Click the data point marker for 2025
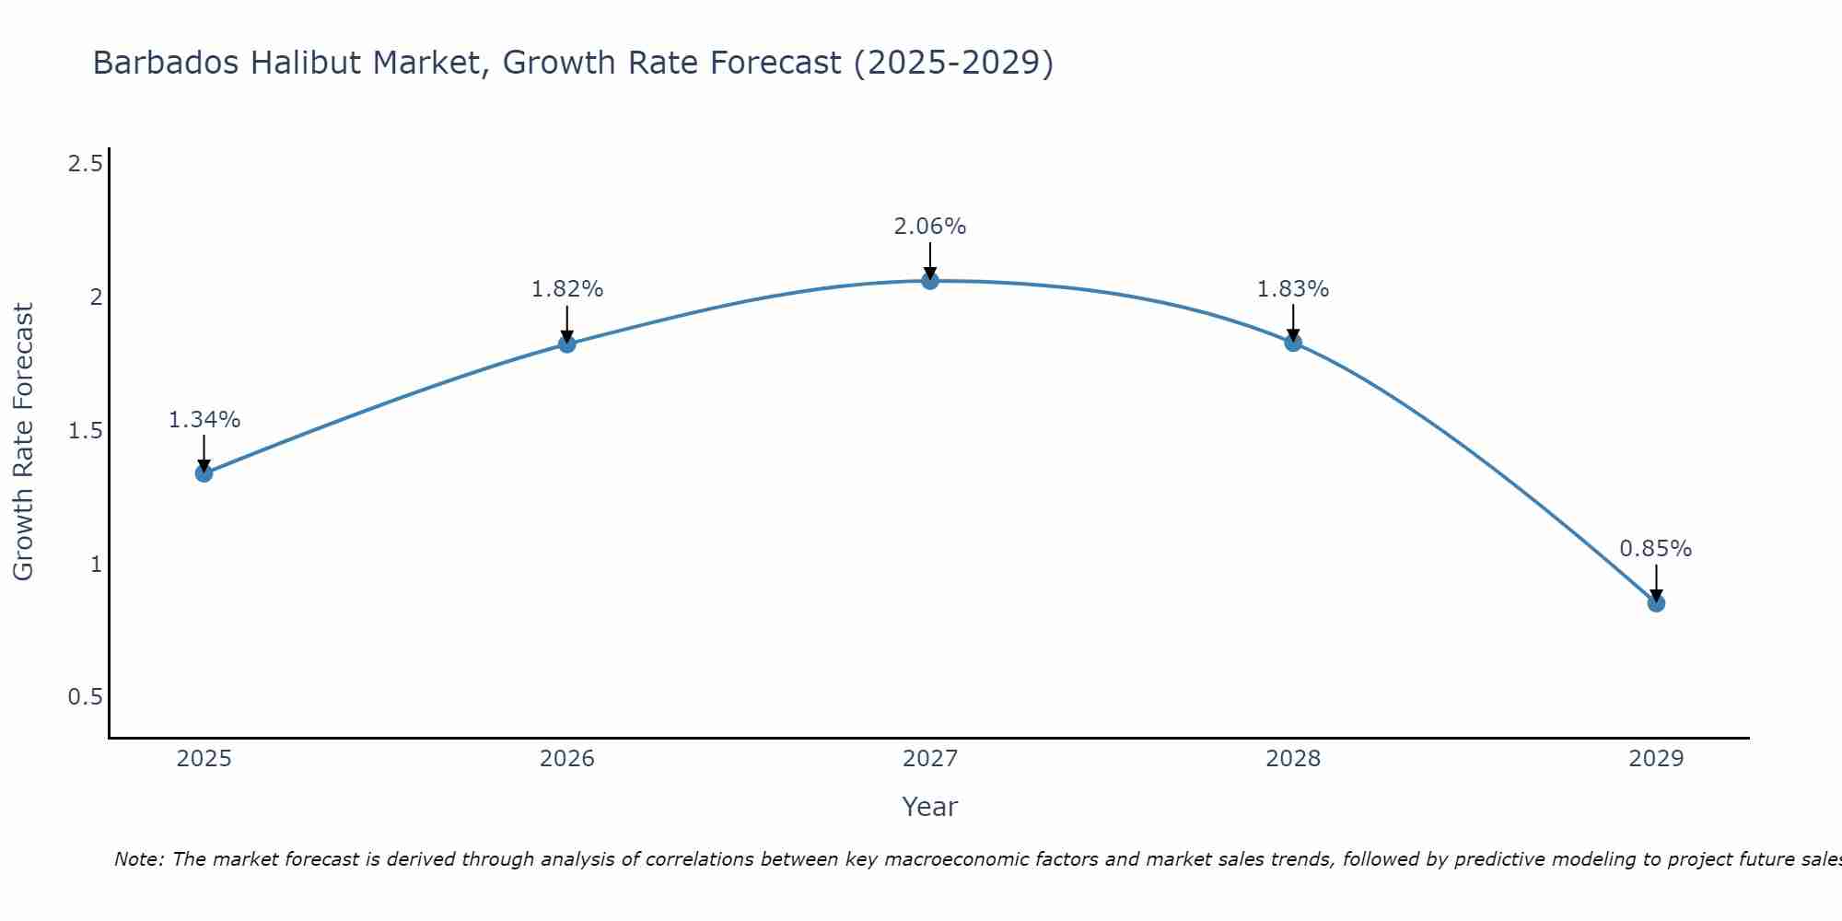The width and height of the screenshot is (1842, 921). coord(204,473)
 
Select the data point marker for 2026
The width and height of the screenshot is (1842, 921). coord(567,344)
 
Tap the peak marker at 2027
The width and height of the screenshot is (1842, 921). coord(930,281)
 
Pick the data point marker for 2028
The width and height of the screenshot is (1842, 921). coord(1293,343)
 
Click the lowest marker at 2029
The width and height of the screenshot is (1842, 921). coord(1656,603)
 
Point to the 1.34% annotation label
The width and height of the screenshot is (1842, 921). coord(204,420)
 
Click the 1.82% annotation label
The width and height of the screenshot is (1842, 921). coord(567,289)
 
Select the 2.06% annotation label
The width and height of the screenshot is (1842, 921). coord(930,227)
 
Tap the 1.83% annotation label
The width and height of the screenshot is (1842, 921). coord(1293,289)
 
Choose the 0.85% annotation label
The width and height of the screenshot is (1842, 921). coord(1656,549)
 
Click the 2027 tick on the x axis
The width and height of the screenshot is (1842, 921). coord(930,759)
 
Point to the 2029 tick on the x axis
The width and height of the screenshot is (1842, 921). coord(1656,759)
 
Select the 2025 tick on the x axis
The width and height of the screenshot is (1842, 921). coord(204,759)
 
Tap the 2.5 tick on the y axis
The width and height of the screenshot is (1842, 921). coord(85,165)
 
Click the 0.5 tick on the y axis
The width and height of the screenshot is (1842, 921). coord(85,697)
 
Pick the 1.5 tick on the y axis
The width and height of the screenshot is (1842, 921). coord(85,431)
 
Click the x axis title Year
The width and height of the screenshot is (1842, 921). coord(930,807)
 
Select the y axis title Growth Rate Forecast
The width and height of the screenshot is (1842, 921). coord(24,442)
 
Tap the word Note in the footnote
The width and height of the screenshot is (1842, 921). coord(138,859)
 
